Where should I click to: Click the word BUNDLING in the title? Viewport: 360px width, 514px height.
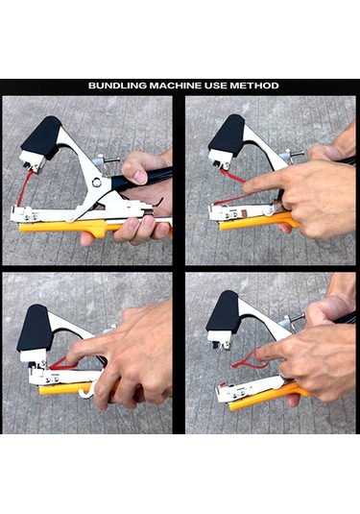pos(117,86)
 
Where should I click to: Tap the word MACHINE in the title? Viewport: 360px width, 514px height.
pos(176,86)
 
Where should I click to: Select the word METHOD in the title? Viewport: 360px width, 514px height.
pos(254,86)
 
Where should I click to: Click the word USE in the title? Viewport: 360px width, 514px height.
pos(216,86)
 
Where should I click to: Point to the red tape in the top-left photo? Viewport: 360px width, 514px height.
pos(25,188)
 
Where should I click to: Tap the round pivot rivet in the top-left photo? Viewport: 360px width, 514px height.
pos(96,182)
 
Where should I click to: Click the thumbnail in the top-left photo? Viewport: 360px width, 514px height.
pos(140,177)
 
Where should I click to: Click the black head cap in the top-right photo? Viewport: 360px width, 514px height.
pos(227,135)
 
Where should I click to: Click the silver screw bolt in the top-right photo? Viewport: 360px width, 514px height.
pos(292,153)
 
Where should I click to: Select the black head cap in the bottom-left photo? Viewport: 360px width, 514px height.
pos(35,329)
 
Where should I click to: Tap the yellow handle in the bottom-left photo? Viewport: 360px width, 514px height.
pos(65,387)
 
